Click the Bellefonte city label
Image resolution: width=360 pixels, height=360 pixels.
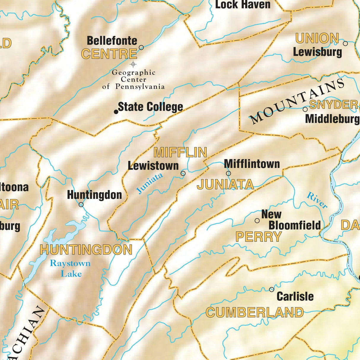[112, 41]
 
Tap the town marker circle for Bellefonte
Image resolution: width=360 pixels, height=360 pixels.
[141, 47]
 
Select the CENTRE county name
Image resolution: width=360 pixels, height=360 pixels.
[109, 54]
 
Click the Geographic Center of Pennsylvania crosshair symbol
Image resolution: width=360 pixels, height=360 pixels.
[133, 64]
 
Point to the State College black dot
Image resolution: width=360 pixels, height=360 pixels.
[116, 112]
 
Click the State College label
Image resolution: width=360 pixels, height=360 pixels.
[150, 107]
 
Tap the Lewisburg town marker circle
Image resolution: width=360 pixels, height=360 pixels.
[345, 44]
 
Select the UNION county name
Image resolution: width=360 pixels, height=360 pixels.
[317, 39]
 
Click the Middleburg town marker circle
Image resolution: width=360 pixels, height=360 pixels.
[305, 109]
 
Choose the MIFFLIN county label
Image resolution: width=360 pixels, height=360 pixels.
[180, 153]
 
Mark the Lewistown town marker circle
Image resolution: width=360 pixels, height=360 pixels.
[183, 173]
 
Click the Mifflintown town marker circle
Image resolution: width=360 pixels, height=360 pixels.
[228, 173]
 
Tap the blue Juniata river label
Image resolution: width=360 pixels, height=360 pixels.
[150, 183]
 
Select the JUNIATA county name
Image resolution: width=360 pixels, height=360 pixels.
[225, 185]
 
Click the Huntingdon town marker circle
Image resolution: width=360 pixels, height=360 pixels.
[81, 204]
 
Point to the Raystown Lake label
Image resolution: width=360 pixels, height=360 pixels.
[70, 268]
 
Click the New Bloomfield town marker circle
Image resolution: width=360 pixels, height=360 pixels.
[257, 220]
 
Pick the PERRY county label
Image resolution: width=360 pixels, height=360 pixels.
[259, 237]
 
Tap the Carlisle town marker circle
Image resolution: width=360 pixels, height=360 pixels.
[272, 289]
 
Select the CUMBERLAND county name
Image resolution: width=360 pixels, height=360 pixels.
[255, 313]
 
